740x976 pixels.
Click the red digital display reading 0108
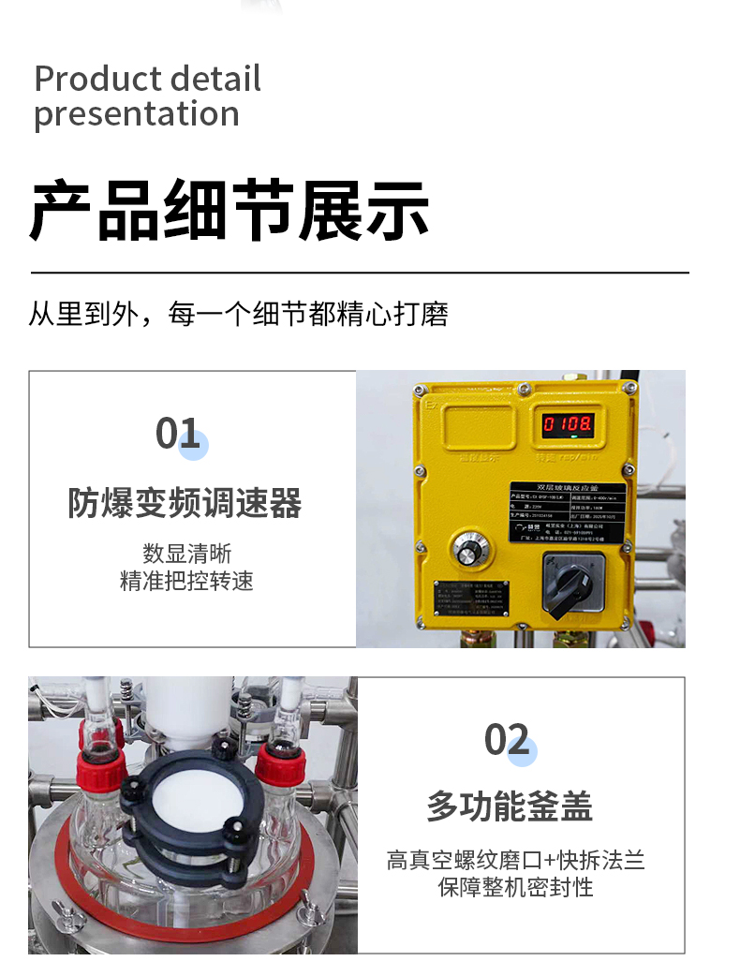567,424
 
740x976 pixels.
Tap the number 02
507,740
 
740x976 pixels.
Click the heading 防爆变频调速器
185,503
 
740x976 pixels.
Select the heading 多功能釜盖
510,806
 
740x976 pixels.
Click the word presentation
137,114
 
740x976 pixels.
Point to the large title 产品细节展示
229,211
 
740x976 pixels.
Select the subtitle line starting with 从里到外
238,314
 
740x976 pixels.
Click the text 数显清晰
186,553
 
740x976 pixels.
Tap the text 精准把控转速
186,581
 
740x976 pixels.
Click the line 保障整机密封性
515,887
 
